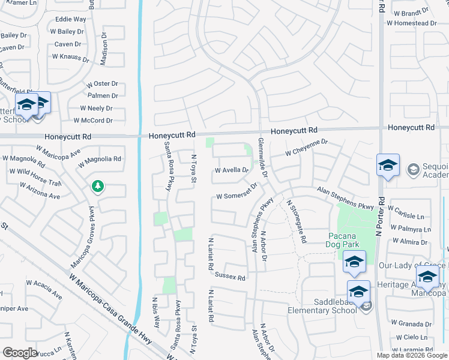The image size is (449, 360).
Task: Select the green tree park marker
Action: click(97, 187)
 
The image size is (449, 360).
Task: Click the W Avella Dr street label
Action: click(232, 170)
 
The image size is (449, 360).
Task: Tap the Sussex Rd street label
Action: click(230, 278)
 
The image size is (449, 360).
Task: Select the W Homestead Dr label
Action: click(412, 23)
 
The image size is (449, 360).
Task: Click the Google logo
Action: click(20, 352)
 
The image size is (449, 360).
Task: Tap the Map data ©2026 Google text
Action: click(412, 355)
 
